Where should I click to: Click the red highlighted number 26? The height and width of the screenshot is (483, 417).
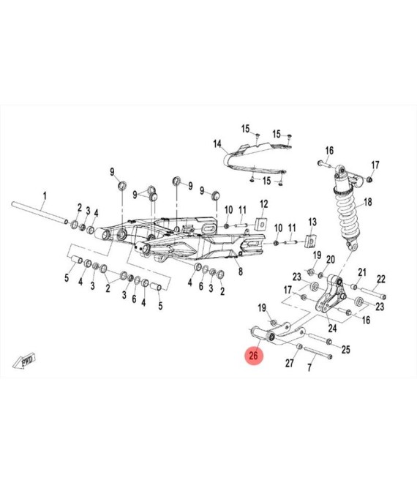tap(253, 356)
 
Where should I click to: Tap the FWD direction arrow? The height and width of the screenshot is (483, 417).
tap(24, 361)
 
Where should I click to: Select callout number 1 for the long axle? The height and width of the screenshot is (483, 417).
tap(45, 195)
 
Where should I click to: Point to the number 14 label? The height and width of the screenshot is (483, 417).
tap(217, 144)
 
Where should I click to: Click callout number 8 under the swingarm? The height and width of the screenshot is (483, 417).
tap(241, 272)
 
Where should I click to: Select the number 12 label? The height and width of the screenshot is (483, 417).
tap(264, 204)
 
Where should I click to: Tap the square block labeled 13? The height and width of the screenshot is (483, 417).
tap(310, 241)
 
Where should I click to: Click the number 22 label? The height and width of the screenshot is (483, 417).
tap(381, 279)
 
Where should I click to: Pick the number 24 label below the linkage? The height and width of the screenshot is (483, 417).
tap(332, 329)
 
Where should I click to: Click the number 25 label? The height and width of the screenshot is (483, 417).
tap(346, 350)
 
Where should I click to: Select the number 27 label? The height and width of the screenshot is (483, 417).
tap(290, 364)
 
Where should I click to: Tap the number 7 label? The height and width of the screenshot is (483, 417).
tap(309, 367)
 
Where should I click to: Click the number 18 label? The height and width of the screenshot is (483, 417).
tap(368, 202)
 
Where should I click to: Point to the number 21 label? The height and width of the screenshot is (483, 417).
tap(362, 272)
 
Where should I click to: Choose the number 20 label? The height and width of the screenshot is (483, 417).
tap(331, 260)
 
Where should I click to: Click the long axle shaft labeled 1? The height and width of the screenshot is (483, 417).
tap(40, 211)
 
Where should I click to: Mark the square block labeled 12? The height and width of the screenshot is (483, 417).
tap(261, 223)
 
